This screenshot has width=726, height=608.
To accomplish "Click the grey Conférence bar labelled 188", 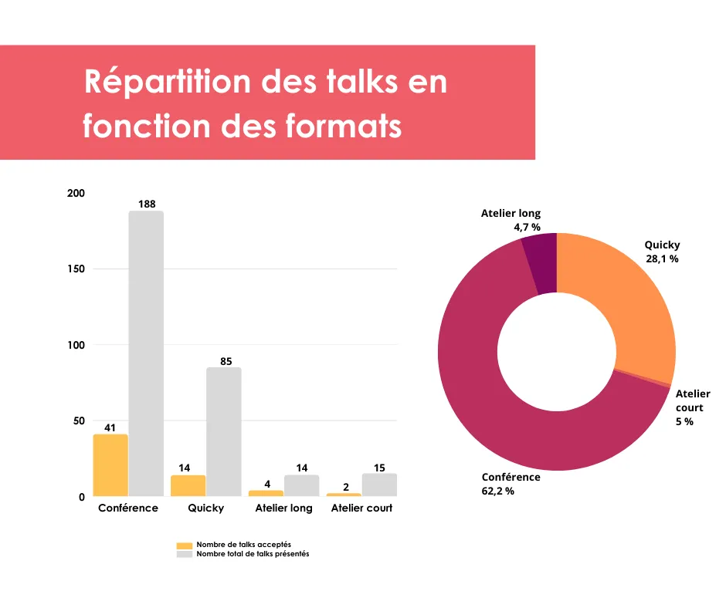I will (146, 353).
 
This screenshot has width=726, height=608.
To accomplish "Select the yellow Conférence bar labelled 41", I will (110, 465).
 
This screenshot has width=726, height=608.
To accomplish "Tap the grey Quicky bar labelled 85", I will (224, 431).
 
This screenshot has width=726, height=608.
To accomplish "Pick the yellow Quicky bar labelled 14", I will (188, 485).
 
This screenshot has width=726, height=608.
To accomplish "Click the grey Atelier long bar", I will (301, 485).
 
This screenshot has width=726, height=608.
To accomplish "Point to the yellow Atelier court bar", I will (344, 495).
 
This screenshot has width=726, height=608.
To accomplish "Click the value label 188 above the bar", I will (147, 204).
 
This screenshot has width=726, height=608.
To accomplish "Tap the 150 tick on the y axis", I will (76, 269).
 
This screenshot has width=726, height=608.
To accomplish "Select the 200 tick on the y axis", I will (76, 193).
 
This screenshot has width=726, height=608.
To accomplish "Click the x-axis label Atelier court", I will (361, 508).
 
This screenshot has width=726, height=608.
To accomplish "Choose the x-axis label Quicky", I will (205, 508).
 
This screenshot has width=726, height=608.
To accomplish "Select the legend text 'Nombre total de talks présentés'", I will (253, 554).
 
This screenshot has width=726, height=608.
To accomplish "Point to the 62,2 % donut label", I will (497, 491).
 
